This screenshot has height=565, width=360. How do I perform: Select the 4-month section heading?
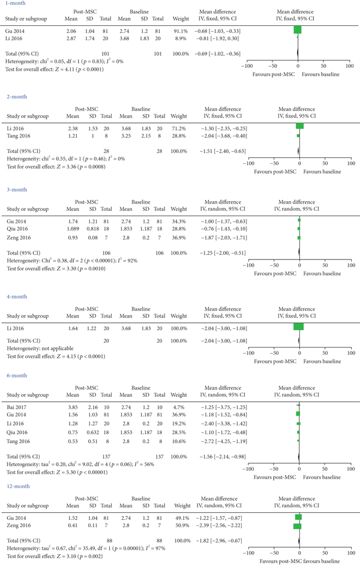click(16, 297)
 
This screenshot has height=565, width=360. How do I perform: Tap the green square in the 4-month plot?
click(299, 327)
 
